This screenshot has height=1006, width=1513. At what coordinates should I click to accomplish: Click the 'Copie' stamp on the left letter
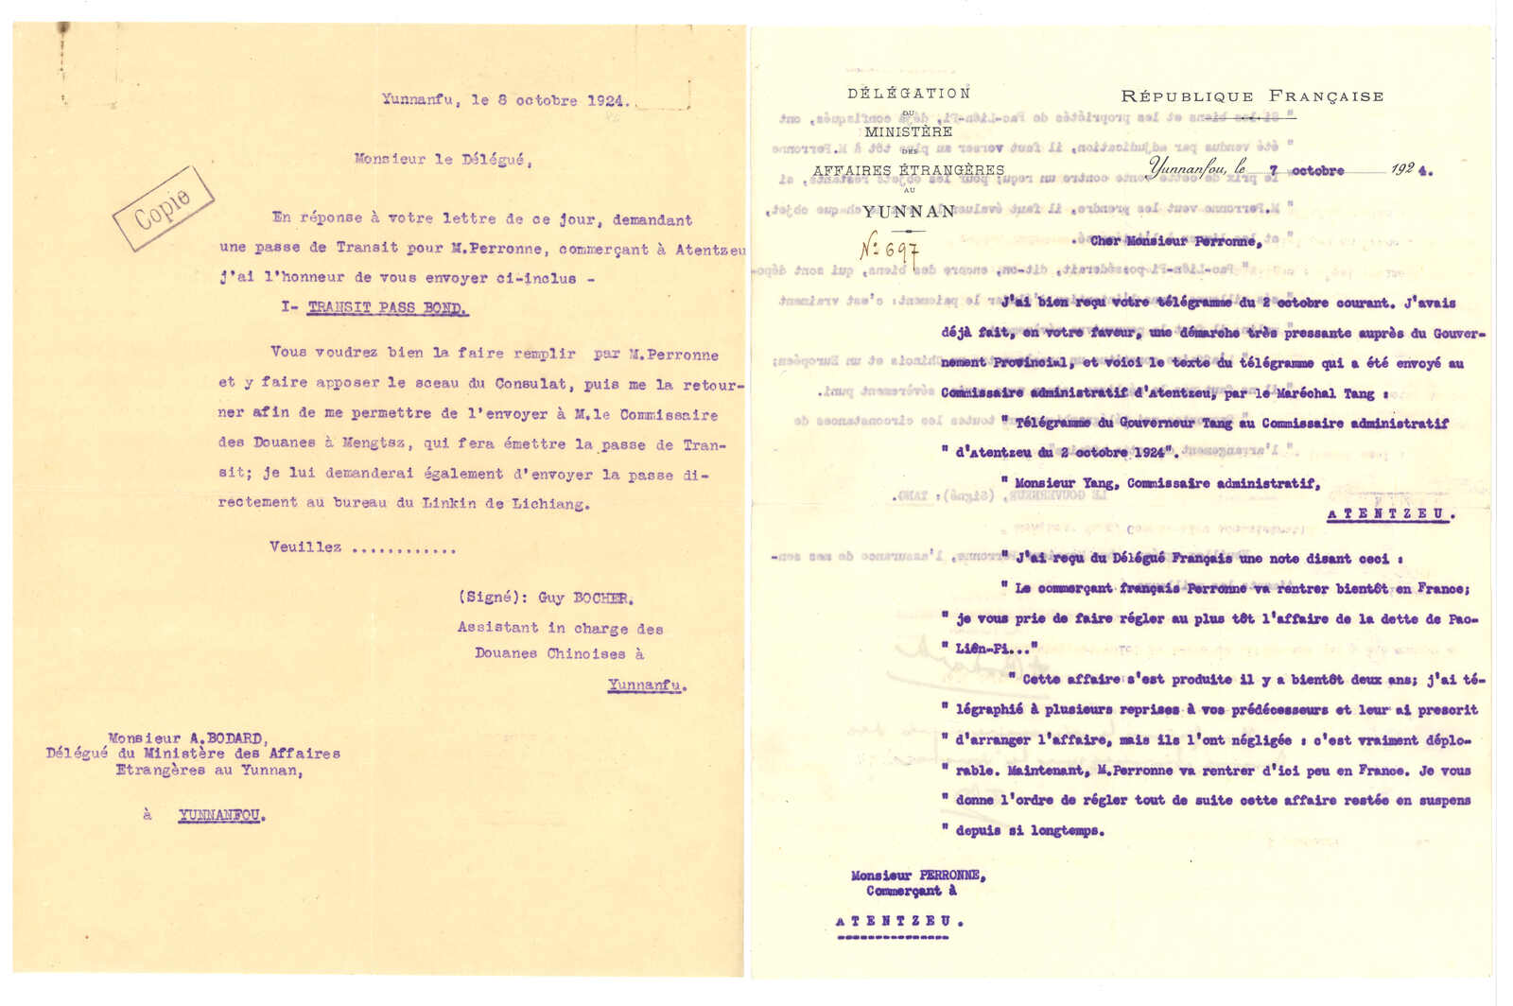[163, 208]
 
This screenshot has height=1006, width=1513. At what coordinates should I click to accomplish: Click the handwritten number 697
[889, 249]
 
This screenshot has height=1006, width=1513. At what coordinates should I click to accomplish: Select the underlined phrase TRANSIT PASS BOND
[387, 308]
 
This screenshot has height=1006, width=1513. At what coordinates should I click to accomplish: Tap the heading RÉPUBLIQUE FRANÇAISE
[1252, 96]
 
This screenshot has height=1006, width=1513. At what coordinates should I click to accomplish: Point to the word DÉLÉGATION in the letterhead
[909, 94]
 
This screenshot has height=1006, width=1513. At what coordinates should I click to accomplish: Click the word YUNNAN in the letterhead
[909, 212]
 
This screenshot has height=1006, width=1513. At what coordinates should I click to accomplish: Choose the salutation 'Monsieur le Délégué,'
[443, 160]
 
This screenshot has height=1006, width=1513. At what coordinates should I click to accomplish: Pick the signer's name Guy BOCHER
[585, 598]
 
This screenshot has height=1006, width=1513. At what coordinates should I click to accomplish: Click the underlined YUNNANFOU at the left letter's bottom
[220, 815]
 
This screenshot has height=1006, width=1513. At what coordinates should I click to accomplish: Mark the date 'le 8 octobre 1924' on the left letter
[548, 100]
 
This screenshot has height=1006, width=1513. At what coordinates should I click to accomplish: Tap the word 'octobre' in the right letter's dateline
[1317, 171]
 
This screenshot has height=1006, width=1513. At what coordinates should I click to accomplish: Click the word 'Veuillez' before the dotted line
[305, 547]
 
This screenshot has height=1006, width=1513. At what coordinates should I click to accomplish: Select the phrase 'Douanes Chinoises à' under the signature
[559, 653]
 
